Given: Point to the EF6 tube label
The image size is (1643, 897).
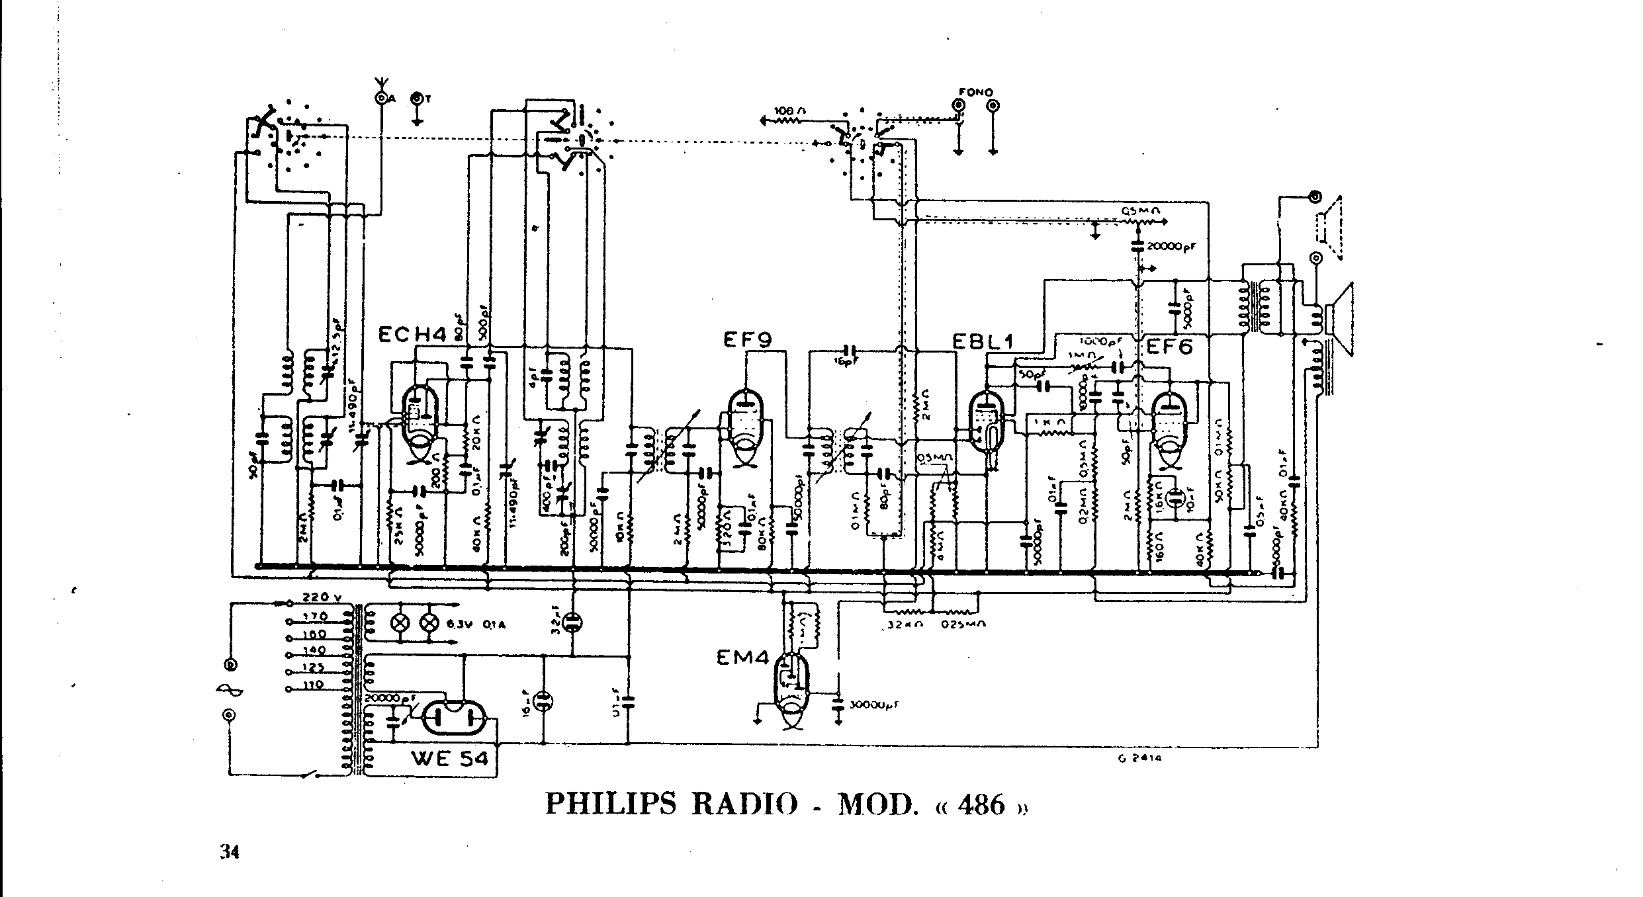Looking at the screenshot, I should click(x=1169, y=346).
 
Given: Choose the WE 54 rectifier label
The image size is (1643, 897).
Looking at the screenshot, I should click(x=450, y=759).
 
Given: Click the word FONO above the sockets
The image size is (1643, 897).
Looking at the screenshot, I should click(x=976, y=93).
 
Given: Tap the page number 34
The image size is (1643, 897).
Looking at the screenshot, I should click(x=230, y=853).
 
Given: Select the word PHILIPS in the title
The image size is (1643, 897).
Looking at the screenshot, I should click(x=611, y=804).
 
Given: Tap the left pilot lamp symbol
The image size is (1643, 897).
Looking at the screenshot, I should click(x=400, y=622).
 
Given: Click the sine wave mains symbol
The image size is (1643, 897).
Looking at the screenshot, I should click(x=230, y=691).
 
